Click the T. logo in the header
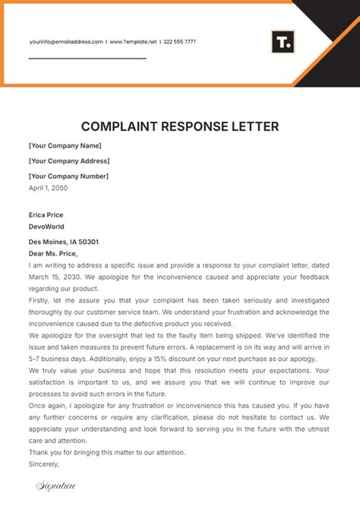point(282,42)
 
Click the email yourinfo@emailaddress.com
point(66,42)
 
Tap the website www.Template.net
point(134,42)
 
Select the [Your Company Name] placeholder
point(65,145)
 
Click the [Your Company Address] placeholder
point(69,160)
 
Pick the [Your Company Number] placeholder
point(68,176)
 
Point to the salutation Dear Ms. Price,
point(53,253)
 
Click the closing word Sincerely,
point(43,463)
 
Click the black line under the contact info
point(87,58)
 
